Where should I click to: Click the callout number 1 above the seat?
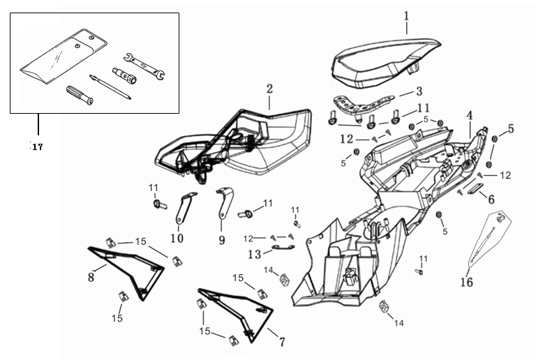tap(407, 15)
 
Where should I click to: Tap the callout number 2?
tap(269, 89)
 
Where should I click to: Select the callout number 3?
tap(419, 91)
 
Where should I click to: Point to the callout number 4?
tap(470, 114)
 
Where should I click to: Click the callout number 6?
tap(491, 199)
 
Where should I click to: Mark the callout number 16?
tap(466, 282)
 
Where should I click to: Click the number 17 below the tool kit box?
tap(36, 147)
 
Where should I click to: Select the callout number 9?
tap(221, 239)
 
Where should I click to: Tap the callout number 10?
tap(177, 239)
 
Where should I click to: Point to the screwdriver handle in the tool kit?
tap(78, 96)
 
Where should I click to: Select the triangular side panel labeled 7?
tap(241, 310)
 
